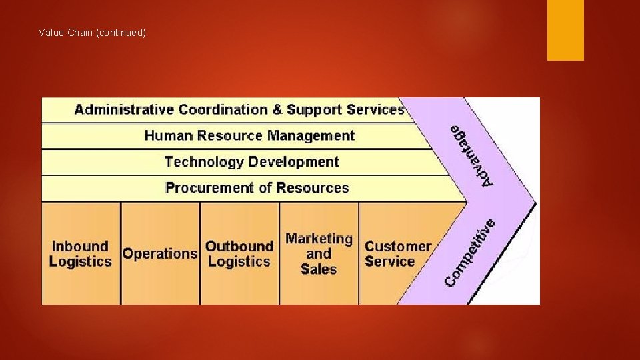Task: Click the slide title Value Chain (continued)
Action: (x=92, y=33)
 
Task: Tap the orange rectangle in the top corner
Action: (x=565, y=30)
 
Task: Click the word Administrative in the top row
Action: (x=124, y=109)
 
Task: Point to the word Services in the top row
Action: (x=373, y=109)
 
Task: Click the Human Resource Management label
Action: (x=249, y=136)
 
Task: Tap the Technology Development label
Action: (x=251, y=162)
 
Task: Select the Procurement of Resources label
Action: (x=257, y=188)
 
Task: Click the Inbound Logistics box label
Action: (x=80, y=254)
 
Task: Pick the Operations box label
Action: (x=160, y=254)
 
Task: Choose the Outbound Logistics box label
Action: (x=239, y=254)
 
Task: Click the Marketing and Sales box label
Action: (x=319, y=254)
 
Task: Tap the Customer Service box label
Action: (x=398, y=254)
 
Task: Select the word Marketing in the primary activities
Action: (x=319, y=239)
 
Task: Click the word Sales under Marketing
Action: (x=319, y=269)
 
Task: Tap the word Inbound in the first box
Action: (x=80, y=246)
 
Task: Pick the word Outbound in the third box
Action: (x=239, y=246)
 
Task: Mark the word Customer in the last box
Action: (x=398, y=246)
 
